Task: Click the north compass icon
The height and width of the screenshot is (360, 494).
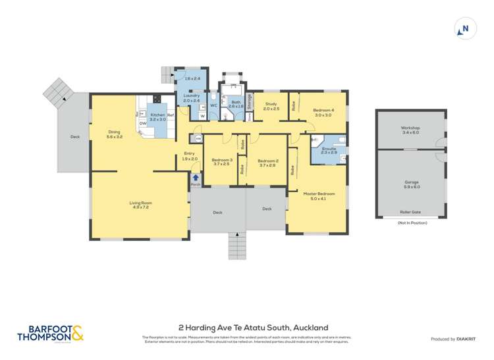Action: (x=464, y=29)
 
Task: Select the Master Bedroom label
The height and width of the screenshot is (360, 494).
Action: (x=319, y=193)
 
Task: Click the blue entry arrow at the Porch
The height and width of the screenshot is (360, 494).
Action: (x=195, y=177)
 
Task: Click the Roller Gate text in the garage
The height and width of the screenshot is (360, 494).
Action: (x=410, y=212)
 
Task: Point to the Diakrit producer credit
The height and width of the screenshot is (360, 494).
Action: (x=454, y=339)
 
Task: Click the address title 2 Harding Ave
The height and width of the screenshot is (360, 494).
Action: (x=253, y=327)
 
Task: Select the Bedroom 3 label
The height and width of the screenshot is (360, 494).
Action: (x=221, y=161)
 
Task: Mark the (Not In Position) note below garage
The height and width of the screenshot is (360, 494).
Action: (x=412, y=223)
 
